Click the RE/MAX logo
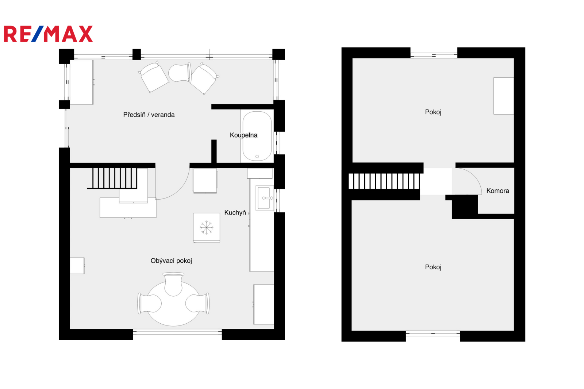[48, 34]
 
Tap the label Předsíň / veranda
[149, 115]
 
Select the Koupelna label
[243, 135]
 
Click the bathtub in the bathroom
[257, 136]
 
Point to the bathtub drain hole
[257, 157]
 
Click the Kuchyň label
[235, 212]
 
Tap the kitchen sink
[264, 198]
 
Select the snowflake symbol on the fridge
[207, 227]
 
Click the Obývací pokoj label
[171, 261]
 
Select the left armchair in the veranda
[154, 77]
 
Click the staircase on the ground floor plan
[112, 178]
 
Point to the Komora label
[498, 191]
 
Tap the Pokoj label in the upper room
[433, 112]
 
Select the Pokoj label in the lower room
[433, 267]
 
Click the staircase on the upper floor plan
[384, 181]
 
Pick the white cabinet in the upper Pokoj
[503, 96]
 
